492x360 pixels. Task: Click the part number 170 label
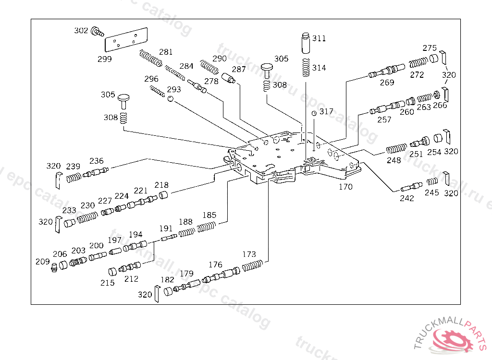pos(345,187)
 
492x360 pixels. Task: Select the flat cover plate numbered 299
pos(126,39)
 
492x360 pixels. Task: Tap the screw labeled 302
pos(97,32)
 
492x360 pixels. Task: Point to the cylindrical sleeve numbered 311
pos(306,43)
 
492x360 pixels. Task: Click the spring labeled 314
pos(306,67)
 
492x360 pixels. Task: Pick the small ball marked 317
pos(314,113)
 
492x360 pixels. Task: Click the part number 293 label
pos(174,89)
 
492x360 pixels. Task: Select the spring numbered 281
pos(150,59)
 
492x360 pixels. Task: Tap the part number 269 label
pos(387,83)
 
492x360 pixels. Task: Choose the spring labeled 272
pos(418,62)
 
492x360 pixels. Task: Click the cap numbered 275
pos(434,59)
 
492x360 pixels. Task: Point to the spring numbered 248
pos(396,149)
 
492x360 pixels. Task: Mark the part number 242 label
pos(406,198)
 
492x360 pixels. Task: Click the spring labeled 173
pos(252,266)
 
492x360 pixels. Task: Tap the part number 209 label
pos(42,262)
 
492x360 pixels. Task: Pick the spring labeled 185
pos(207,227)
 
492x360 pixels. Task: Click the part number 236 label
pos(96,161)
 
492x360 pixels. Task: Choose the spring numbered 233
pos(87,217)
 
